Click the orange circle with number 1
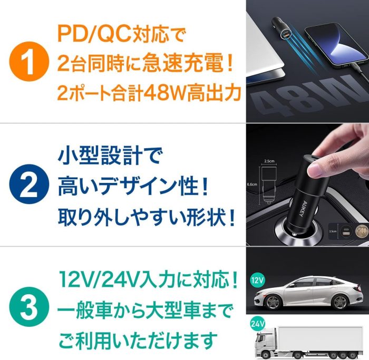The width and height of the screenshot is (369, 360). click(29, 62)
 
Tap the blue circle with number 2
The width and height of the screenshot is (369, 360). click(29, 184)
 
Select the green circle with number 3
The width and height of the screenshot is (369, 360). click(29, 307)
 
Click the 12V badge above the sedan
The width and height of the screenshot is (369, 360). click(257, 280)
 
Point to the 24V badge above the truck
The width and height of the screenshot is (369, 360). click(257, 324)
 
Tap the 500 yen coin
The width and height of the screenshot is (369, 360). click(362, 230)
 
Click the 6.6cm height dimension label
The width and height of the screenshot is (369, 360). click(252, 184)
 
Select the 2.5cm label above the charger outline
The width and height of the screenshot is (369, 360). click(269, 161)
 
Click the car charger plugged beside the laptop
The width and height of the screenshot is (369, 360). click(280, 30)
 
